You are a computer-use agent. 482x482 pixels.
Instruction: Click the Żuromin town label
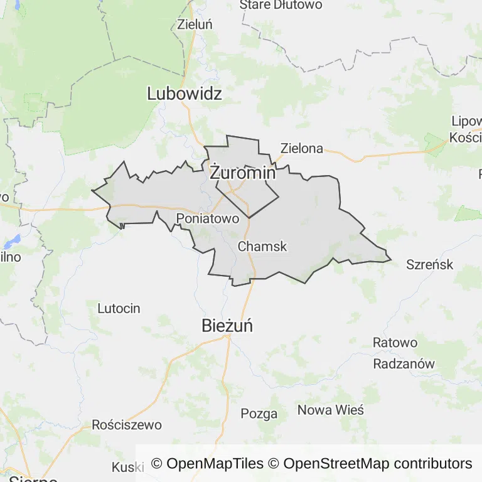tap(242, 173)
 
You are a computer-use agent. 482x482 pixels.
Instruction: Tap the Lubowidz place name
tap(185, 94)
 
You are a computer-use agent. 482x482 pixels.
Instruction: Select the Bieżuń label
tap(227, 326)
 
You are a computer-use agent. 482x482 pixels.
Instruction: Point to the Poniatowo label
tap(208, 218)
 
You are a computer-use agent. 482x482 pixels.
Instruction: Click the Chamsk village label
tap(262, 247)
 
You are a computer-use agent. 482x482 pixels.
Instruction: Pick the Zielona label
tap(302, 149)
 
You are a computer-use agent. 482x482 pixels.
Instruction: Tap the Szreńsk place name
tap(430, 264)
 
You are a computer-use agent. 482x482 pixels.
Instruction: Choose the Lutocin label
tap(119, 308)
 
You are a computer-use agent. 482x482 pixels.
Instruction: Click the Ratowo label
tap(395, 343)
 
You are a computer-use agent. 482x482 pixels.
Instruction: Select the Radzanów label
tap(404, 364)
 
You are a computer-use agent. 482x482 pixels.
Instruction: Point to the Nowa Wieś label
tap(330, 410)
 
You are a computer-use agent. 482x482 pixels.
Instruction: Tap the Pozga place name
tap(259, 414)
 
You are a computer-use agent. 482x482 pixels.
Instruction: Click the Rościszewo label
tap(127, 425)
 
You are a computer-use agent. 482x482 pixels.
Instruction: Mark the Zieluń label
tap(195, 24)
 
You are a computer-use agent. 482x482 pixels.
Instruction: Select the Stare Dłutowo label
tap(281, 5)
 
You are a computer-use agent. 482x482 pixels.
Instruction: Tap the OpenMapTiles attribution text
tap(207, 464)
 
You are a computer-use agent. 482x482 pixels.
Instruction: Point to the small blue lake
tap(12, 240)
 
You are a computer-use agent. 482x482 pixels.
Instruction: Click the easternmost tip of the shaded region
tap(391, 257)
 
